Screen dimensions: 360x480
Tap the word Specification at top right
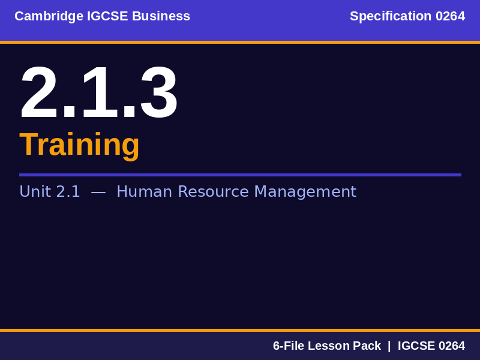tap(391, 16)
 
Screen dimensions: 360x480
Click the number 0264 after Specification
tap(450, 16)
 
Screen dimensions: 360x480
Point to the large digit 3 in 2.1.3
tap(158, 93)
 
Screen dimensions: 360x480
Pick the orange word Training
tap(79, 145)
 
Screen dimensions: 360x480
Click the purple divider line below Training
tap(240, 175)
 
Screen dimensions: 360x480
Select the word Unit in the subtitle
tap(35, 191)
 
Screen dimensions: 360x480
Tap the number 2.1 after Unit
tap(68, 191)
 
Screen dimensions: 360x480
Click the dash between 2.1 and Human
tap(98, 191)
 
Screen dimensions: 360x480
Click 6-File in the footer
tap(289, 346)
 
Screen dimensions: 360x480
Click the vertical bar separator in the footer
tap(389, 346)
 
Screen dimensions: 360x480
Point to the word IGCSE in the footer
tap(416, 346)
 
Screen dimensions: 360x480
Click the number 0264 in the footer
tap(451, 346)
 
